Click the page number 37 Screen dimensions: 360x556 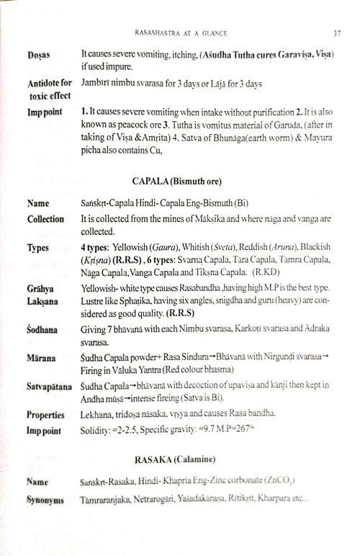click(x=336, y=32)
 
